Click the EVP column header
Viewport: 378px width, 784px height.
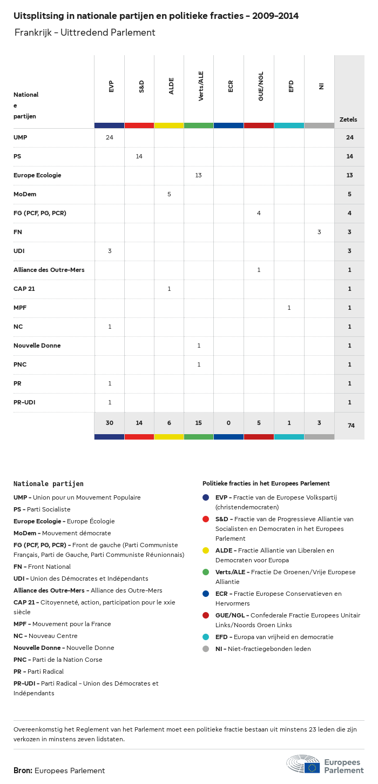[111, 87]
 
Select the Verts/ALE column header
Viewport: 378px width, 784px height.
[201, 87]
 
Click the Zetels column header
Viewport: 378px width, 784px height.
[348, 119]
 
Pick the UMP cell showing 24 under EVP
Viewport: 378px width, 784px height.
[110, 137]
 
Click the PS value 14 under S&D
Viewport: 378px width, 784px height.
[139, 156]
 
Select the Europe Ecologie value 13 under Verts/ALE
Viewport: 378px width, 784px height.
[199, 175]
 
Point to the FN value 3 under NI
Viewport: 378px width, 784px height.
[319, 232]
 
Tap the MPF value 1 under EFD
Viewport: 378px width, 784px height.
[289, 308]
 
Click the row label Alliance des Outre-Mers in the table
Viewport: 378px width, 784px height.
[49, 270]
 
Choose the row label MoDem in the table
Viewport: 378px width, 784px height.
[25, 194]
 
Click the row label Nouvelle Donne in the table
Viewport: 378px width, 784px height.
[37, 346]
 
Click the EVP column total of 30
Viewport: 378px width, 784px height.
[110, 423]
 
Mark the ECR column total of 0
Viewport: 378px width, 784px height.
[229, 423]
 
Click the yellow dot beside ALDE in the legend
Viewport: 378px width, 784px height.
[206, 550]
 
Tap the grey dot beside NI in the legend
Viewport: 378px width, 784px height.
[206, 649]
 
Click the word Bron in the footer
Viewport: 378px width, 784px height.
[23, 770]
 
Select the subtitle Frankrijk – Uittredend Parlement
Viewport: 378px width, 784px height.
[85, 32]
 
